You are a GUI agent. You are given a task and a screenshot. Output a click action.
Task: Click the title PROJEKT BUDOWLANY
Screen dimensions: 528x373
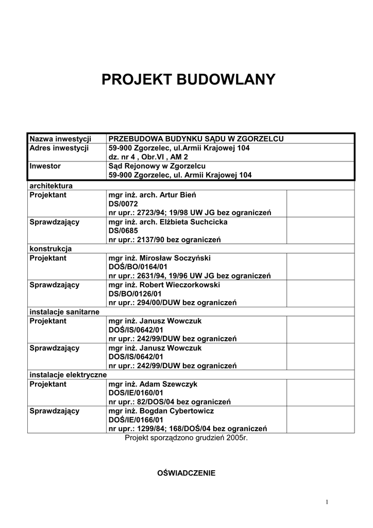[188, 80]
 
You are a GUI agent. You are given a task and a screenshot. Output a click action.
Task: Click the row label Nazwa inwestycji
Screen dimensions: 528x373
[60, 139]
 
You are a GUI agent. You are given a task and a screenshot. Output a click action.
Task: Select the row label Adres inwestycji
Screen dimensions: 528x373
[59, 148]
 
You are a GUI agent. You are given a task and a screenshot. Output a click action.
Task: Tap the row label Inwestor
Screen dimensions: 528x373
[45, 166]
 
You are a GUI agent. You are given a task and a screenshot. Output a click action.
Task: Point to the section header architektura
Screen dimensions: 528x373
[51, 185]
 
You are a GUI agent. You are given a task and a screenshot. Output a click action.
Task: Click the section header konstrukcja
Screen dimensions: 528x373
[50, 249]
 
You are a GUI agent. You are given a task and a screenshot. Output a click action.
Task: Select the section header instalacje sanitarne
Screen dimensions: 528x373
[64, 312]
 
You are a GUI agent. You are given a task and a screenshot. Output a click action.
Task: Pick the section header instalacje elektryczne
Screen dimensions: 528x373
[67, 375]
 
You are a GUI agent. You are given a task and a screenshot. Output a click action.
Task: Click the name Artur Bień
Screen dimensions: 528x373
[178, 195]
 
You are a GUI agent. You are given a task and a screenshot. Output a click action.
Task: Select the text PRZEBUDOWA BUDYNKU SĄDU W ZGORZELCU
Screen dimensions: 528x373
[196, 139]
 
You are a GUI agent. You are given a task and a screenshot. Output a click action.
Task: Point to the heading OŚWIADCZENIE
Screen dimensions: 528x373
[186, 473]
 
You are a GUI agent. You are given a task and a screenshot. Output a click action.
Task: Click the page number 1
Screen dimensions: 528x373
[327, 502]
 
